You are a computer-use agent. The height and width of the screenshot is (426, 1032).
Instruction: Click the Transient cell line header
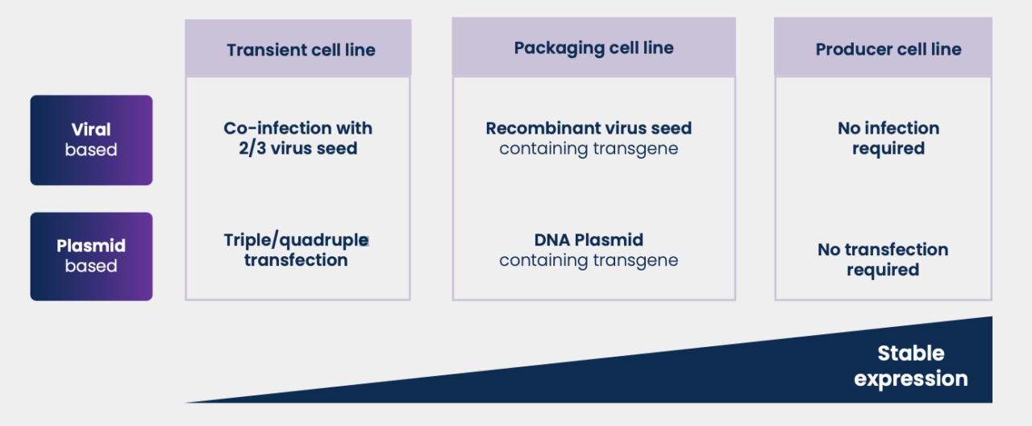(x=301, y=50)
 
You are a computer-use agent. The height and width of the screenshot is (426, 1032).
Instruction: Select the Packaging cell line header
(x=593, y=48)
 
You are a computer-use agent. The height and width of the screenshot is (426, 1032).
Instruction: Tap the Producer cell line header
(x=888, y=50)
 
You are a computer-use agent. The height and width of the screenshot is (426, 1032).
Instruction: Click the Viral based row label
(x=91, y=139)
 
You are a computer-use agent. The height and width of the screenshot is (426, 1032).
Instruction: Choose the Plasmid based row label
(x=91, y=256)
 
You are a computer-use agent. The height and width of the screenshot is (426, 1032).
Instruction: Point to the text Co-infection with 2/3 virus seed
(x=298, y=138)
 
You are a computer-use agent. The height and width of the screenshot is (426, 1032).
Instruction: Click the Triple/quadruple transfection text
(x=296, y=250)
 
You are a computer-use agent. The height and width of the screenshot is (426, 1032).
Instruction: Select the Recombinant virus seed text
(x=589, y=129)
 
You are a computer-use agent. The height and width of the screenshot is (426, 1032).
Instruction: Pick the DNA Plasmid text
(x=589, y=240)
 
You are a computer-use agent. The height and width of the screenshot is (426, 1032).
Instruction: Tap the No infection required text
(x=888, y=138)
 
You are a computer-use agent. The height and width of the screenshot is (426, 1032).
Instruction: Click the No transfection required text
(x=883, y=259)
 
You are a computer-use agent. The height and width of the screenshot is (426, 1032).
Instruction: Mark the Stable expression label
(x=911, y=366)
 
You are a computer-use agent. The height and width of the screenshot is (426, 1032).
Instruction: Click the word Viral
(x=91, y=130)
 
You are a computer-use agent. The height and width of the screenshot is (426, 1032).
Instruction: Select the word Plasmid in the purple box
(x=91, y=246)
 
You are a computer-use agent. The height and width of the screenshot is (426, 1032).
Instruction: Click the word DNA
(x=551, y=240)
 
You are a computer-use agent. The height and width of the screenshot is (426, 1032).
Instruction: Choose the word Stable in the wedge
(x=911, y=354)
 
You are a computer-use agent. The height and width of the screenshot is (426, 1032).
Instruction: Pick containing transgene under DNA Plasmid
(x=589, y=260)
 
